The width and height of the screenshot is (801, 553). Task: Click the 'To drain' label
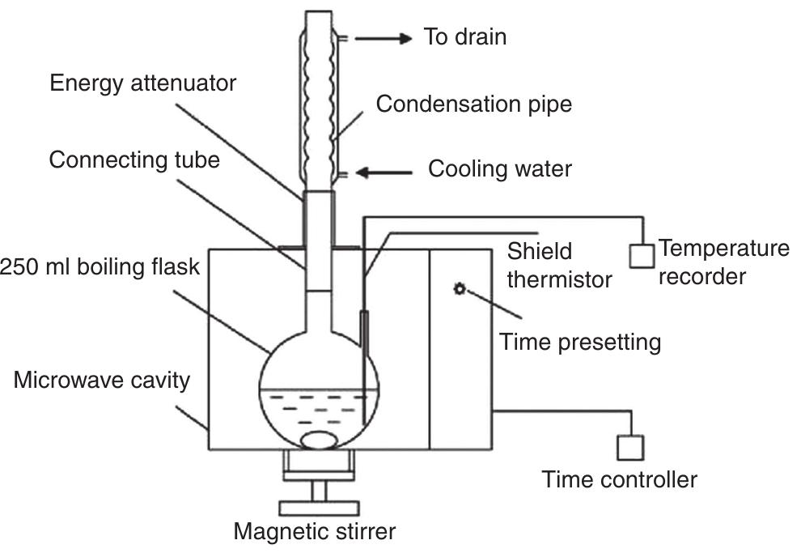tap(465, 37)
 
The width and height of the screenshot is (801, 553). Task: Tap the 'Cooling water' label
tap(499, 169)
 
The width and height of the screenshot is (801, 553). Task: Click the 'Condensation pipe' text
tap(473, 104)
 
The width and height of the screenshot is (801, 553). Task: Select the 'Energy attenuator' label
tap(142, 83)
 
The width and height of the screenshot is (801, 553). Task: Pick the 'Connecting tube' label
tap(133, 160)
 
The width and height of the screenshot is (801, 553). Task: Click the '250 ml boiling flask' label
tap(100, 266)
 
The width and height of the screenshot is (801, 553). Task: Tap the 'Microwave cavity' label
tap(101, 380)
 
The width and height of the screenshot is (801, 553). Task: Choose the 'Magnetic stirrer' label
tap(315, 532)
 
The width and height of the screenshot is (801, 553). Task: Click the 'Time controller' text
tap(619, 479)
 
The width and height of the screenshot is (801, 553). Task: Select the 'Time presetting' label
tap(580, 342)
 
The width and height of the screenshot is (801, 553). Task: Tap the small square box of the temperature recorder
tap(641, 255)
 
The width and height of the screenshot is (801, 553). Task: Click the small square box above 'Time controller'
tap(630, 447)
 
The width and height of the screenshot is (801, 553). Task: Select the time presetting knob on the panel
tap(460, 289)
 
